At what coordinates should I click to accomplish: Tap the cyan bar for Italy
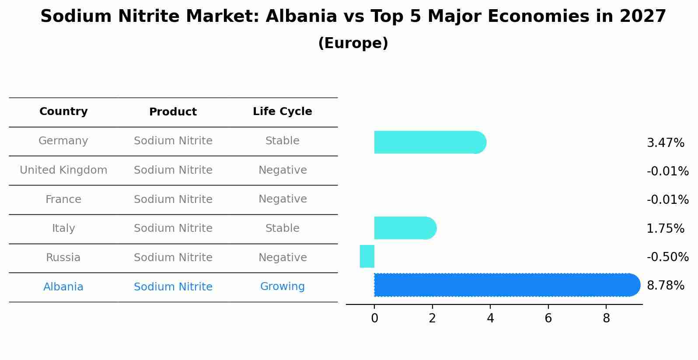405,228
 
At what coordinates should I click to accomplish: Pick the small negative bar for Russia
367,256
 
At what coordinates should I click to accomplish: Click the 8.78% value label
665,286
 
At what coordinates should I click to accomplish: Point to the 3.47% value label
665,143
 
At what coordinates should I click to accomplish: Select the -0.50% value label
667,257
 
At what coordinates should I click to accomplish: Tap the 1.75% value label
665,229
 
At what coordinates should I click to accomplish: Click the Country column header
63,112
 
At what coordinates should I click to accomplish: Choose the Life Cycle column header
282,112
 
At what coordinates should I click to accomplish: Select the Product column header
173,112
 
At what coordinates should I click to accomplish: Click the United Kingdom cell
63,170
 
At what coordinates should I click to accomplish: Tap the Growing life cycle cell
282,287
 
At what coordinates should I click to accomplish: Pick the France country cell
63,199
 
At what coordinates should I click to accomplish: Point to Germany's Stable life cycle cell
282,141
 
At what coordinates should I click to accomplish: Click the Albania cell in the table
63,287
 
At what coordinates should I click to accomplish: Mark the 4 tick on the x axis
490,318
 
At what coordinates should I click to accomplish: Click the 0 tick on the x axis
374,318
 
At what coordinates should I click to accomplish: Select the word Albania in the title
301,17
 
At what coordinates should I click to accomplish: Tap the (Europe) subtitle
353,43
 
